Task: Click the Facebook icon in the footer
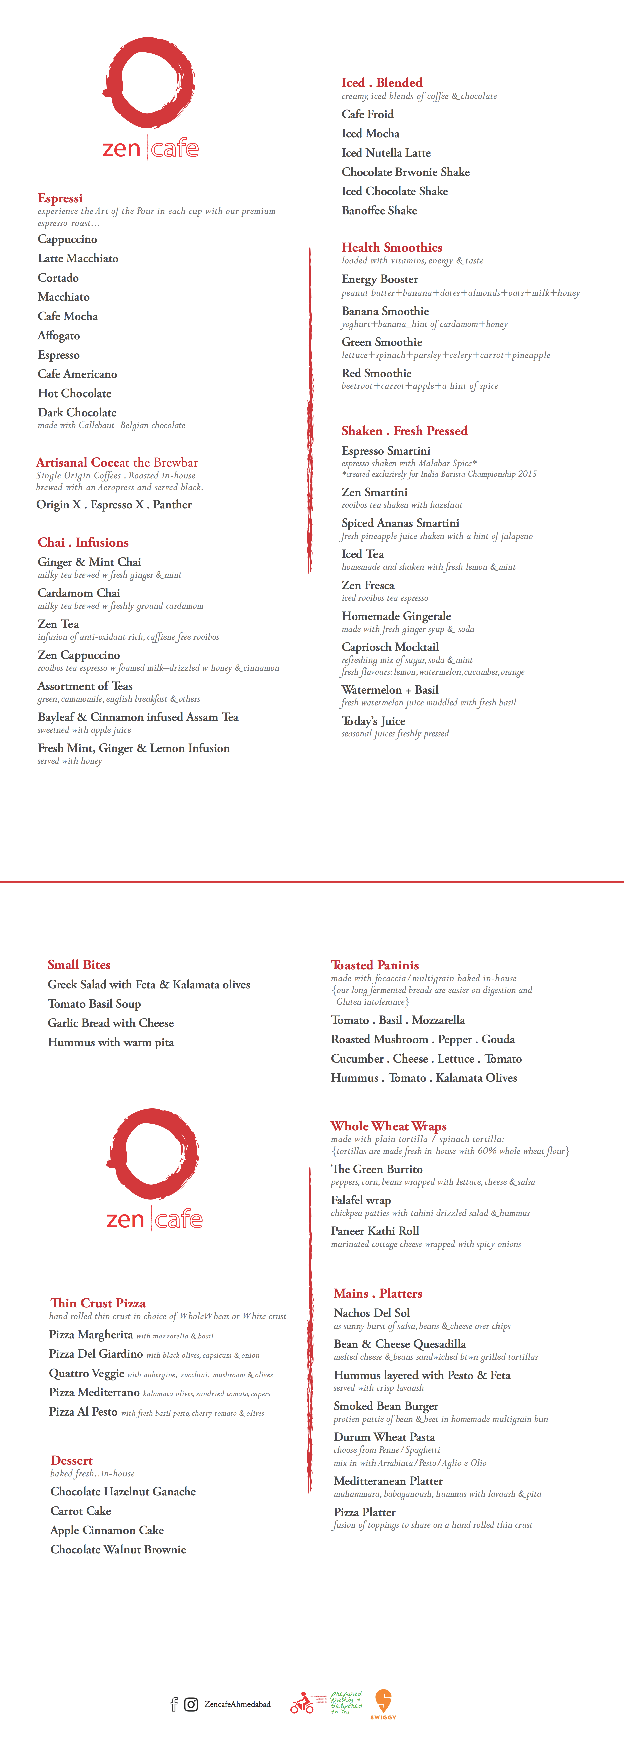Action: (x=174, y=1704)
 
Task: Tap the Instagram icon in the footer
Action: (x=192, y=1704)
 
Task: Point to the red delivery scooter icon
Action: (x=302, y=1703)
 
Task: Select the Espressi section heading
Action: (x=60, y=198)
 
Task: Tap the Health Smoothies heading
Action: (x=392, y=247)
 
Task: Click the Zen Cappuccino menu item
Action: (x=79, y=655)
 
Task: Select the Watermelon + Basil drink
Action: (x=390, y=690)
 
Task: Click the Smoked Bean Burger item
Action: (x=386, y=1406)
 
